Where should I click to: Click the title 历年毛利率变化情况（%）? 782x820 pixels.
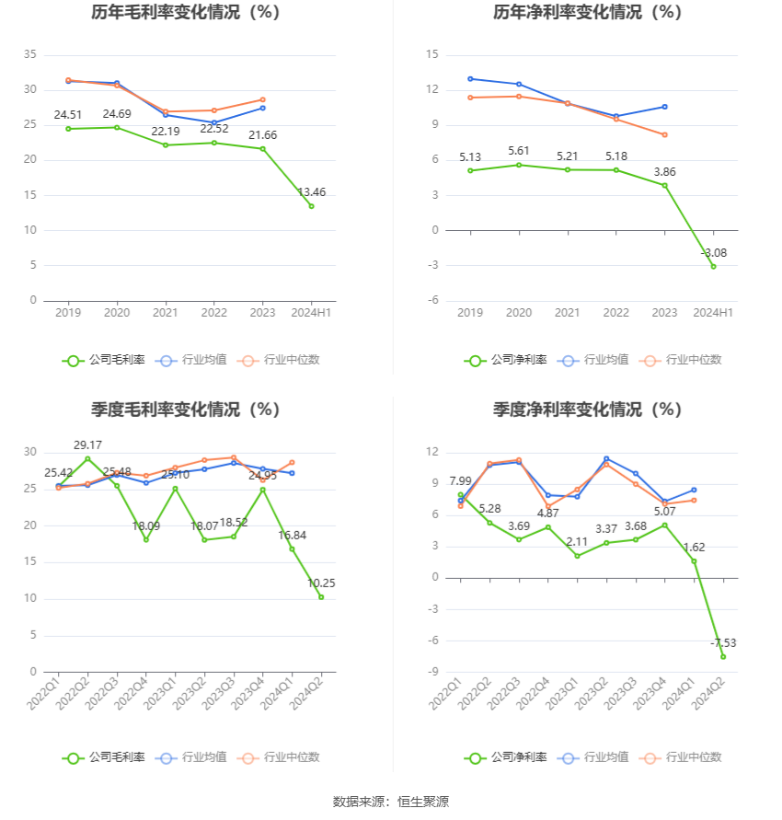point(186,13)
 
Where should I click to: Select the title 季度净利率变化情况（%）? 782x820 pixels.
point(587,410)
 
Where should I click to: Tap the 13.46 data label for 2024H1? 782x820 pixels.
point(311,192)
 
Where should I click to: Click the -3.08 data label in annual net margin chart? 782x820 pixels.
point(713,253)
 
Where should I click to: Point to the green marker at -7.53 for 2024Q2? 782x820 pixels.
point(723,656)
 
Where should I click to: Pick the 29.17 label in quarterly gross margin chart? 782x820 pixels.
point(88,445)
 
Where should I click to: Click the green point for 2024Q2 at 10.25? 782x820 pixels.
point(321,596)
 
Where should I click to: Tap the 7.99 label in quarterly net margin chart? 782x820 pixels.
point(460,481)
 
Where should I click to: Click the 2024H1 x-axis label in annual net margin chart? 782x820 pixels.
point(713,313)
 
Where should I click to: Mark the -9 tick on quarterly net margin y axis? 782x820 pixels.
point(433,672)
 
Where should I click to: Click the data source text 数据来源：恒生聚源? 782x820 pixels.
point(390,802)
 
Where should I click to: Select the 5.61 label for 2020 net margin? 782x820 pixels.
point(520,151)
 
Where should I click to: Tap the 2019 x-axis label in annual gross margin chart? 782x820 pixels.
point(68,313)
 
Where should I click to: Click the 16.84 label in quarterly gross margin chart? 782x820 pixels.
point(292,535)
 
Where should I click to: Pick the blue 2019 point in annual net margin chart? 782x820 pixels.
point(470,78)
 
